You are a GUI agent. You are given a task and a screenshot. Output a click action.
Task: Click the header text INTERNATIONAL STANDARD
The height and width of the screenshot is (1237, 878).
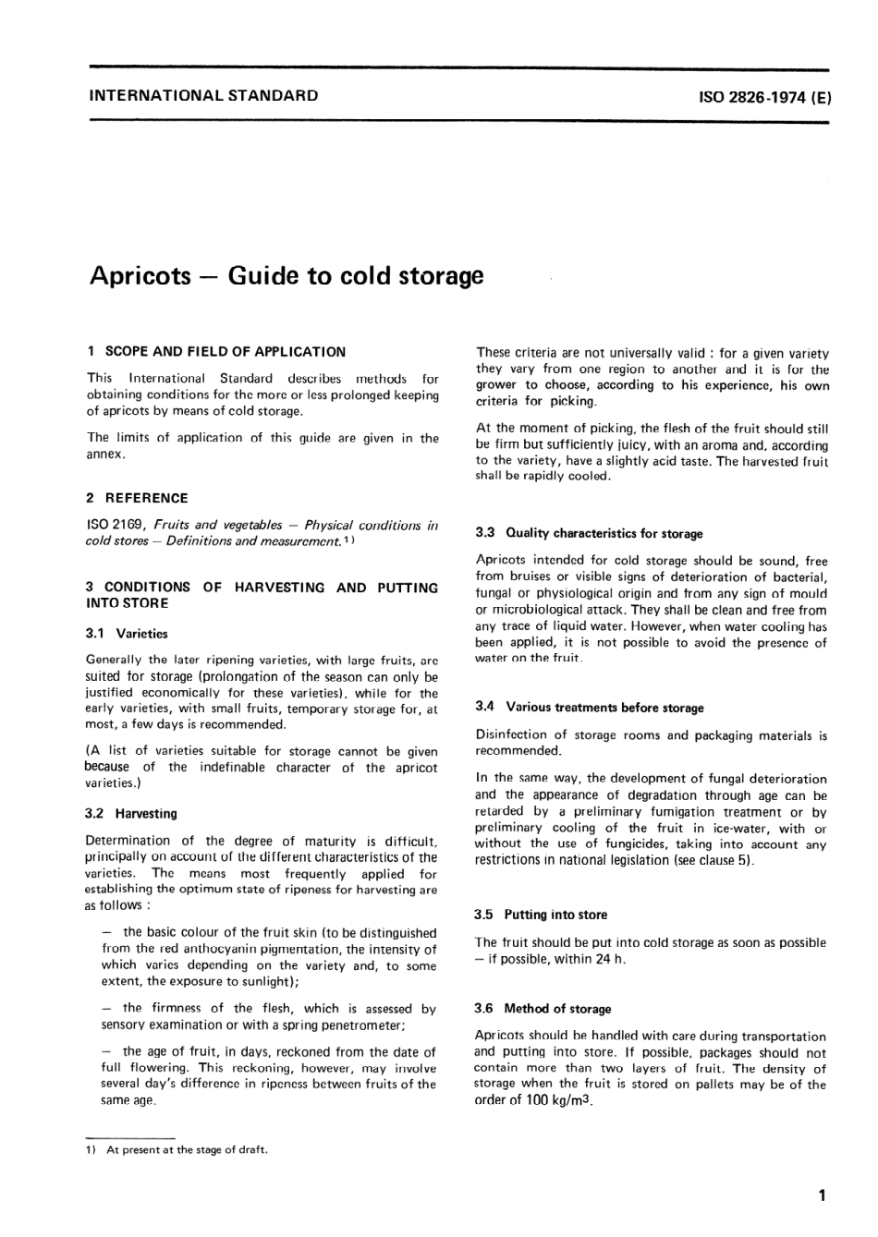coord(202,95)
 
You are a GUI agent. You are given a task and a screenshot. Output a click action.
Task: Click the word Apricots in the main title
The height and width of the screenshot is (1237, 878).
coord(140,276)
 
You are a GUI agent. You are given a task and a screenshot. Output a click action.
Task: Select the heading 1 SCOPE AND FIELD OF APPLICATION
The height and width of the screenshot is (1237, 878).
coord(215,351)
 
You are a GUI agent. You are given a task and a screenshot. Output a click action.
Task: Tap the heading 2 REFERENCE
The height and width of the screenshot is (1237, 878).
coord(137,498)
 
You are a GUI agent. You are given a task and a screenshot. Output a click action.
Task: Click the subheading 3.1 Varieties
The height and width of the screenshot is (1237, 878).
coord(128,634)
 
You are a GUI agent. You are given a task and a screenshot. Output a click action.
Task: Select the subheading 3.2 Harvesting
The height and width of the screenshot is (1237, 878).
coord(131,814)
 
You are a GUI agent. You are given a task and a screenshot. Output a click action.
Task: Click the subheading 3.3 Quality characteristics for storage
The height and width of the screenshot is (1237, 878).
coord(589,533)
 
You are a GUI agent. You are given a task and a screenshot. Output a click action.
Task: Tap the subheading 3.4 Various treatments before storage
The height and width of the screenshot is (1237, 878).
coord(590,708)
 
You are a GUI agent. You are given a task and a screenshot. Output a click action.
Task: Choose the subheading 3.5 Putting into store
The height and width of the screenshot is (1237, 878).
coord(541,915)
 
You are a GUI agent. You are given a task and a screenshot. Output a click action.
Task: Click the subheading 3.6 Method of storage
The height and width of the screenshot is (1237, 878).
coord(543,1009)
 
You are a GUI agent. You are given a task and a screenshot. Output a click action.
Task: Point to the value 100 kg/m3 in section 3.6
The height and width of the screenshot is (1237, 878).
coord(559,1100)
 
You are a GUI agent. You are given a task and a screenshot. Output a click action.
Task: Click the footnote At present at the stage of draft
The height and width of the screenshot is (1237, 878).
coord(188,1150)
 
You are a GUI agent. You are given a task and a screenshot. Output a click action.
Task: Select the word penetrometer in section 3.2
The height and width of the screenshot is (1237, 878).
coord(361,1025)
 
